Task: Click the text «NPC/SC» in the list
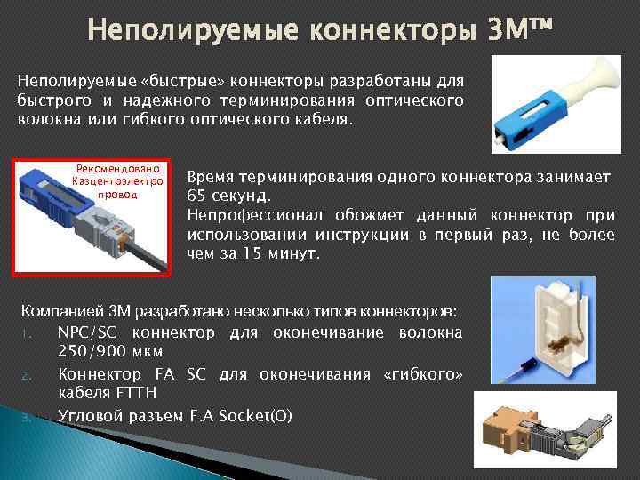pyautogui.click(x=89, y=333)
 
